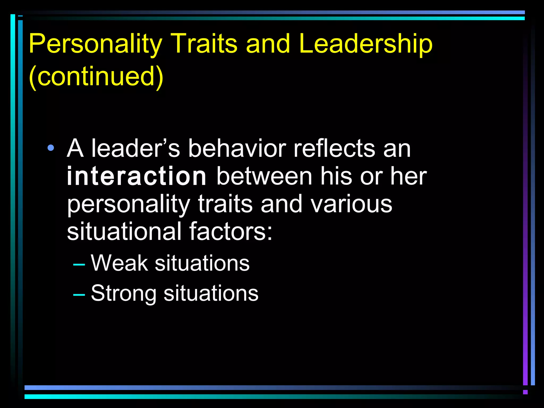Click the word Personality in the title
[96, 44]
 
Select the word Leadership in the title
[366, 44]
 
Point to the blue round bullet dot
[50, 148]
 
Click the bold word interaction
[137, 176]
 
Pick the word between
[264, 176]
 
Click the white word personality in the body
[129, 205]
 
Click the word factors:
[231, 232]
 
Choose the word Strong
[124, 294]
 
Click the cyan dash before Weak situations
[79, 265]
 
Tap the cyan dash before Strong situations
[79, 295]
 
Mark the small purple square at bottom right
[525, 392]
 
